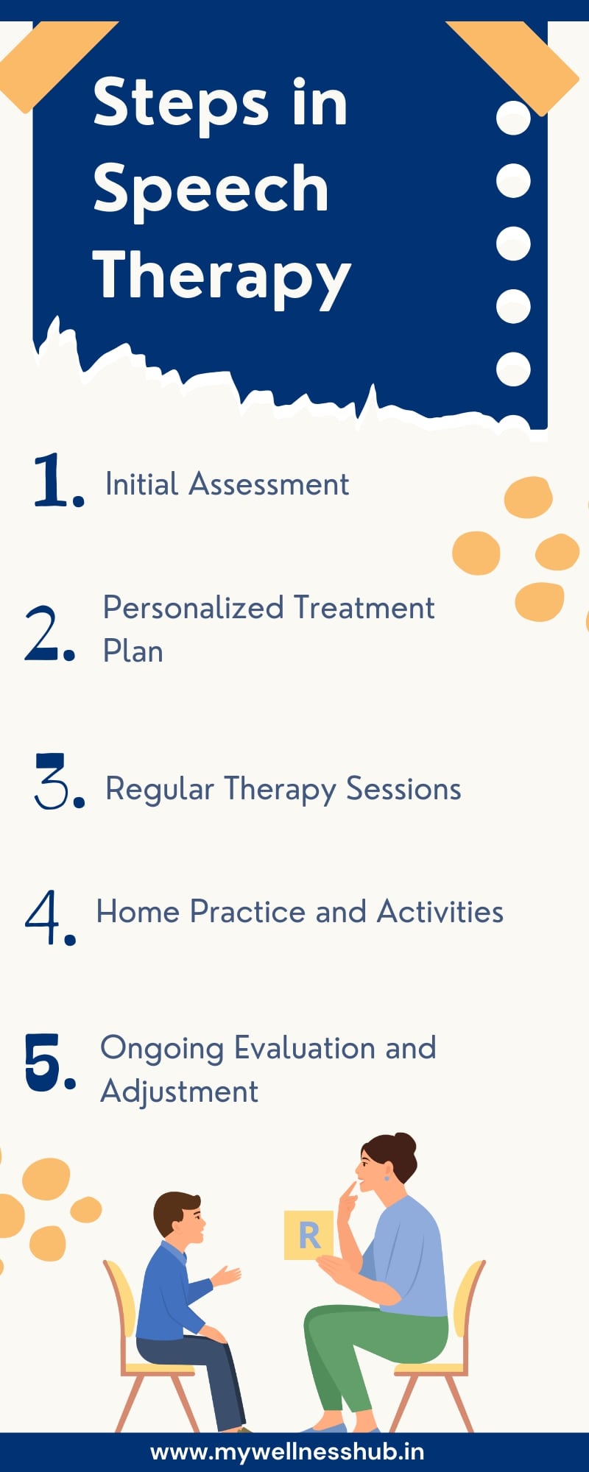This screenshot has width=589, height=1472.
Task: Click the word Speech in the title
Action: (211, 189)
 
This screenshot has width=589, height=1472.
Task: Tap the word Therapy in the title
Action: (221, 276)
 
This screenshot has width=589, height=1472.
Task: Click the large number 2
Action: (46, 633)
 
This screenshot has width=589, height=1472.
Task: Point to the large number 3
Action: (54, 782)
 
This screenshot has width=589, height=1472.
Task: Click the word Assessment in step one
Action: (268, 484)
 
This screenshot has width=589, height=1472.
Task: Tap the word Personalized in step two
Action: (193, 608)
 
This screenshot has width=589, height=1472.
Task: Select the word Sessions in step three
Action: (403, 789)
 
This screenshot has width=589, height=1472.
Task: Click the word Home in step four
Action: (138, 912)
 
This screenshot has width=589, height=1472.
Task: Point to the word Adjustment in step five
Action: (179, 1091)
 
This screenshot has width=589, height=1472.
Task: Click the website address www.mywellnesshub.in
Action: (287, 1451)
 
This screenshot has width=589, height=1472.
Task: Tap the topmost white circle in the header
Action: (513, 118)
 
